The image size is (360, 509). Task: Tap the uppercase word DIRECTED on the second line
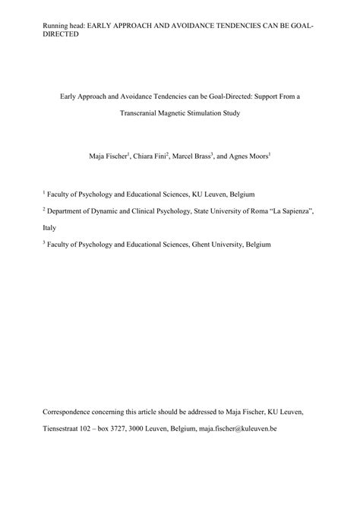(x=62, y=34)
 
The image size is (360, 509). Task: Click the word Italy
(x=49, y=227)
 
